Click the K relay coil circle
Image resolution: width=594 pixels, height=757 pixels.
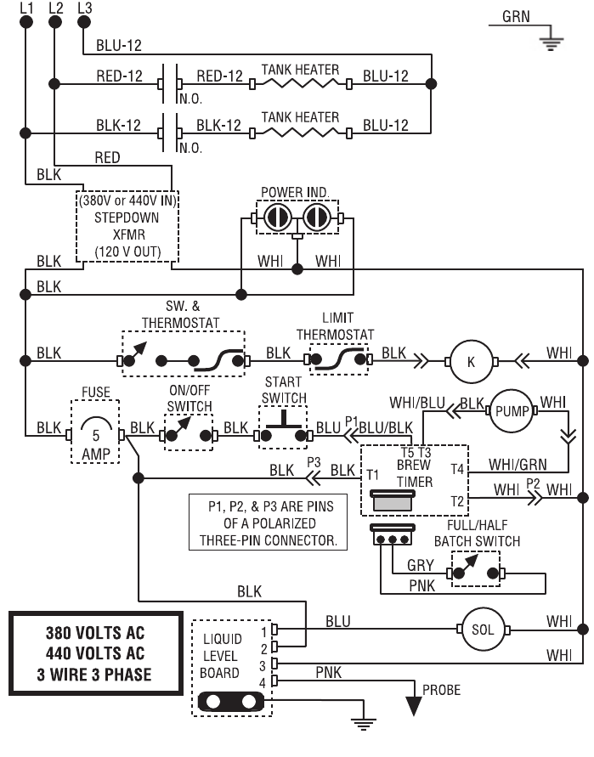coord(471,360)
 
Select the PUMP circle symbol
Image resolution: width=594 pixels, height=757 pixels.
coord(512,410)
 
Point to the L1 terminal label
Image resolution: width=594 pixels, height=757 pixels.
coord(25,8)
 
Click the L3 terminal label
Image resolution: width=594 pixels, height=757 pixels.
coord(83,8)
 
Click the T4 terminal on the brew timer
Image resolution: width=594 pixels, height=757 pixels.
coord(458,469)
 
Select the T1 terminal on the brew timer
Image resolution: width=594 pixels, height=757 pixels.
coord(372,472)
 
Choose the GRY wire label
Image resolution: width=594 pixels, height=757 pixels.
coord(420,564)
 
